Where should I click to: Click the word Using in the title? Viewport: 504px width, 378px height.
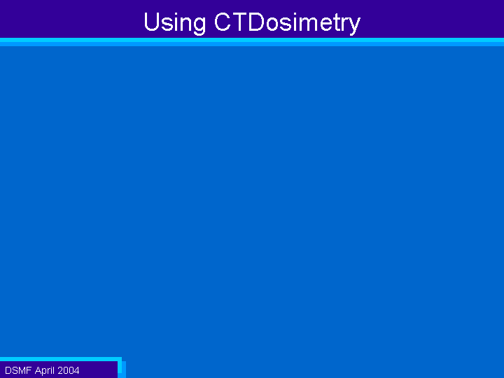pos(174,23)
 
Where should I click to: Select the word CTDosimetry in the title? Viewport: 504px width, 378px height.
pos(288,23)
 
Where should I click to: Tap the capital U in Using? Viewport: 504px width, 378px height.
pos(151,22)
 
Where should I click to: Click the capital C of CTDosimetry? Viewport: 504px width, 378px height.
pos(223,22)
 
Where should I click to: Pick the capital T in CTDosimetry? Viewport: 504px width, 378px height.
pos(239,22)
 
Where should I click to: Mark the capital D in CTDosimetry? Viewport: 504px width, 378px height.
pos(257,22)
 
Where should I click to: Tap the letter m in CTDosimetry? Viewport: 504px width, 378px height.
pos(307,24)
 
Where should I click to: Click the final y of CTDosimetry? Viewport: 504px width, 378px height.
pos(354,27)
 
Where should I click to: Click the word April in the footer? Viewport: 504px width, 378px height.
pos(45,371)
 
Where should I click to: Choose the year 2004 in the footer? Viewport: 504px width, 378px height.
pos(69,370)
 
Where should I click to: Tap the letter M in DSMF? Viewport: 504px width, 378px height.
pos(22,370)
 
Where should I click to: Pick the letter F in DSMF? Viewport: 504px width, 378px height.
pos(29,370)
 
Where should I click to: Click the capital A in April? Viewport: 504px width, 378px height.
pos(38,370)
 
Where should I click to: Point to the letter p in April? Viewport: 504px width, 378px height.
pos(45,372)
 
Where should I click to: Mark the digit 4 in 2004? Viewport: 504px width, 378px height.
pos(76,370)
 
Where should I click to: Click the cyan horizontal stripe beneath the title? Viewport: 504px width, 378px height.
pos(252,40)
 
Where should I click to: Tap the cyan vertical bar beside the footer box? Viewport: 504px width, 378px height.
pos(120,365)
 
